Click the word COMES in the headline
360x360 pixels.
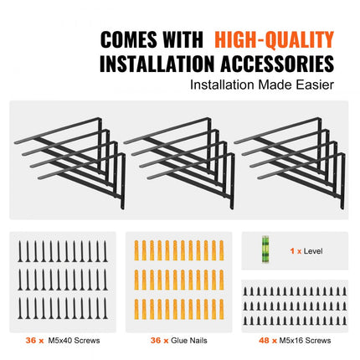129,40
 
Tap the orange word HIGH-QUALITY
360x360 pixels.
275,40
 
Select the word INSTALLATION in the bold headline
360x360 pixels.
157,64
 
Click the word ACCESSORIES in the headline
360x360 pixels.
277,64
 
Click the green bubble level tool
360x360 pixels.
265,249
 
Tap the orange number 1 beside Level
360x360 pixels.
292,251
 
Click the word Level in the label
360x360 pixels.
313,251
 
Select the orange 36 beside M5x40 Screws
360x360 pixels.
31,340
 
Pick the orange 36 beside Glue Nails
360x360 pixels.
156,340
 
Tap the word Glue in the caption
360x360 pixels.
178,340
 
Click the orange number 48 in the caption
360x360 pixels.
264,340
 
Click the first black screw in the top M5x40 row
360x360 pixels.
20,251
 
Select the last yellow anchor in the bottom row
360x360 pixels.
221,309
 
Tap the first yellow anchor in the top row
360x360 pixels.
136,250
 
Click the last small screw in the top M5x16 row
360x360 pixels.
344,291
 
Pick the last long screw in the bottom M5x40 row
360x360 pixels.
105,308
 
